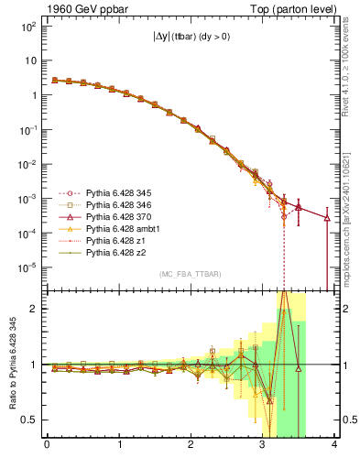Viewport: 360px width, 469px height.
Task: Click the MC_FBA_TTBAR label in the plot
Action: pos(176,273)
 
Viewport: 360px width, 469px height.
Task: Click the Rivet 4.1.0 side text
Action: pos(351,64)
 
